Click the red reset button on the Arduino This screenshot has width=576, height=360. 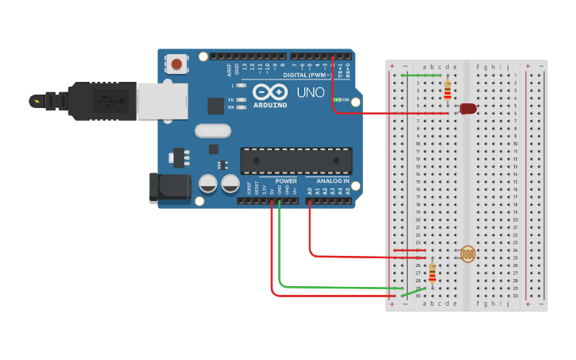click(176, 63)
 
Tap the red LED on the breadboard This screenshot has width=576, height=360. click(468, 108)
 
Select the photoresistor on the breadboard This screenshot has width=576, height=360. click(468, 254)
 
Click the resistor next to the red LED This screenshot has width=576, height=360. click(447, 89)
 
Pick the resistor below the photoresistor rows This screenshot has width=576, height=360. click(432, 273)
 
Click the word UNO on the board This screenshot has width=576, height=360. click(311, 93)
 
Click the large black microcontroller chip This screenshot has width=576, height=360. click(296, 160)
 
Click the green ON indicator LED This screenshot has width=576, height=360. click(338, 99)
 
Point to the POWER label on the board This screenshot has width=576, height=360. click(286, 181)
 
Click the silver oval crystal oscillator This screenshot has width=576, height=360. click(212, 130)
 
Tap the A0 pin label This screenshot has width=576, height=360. click(310, 191)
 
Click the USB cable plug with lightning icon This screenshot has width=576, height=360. click(38, 101)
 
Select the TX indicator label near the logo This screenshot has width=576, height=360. click(231, 100)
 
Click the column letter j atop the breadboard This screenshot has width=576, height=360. click(508, 67)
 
